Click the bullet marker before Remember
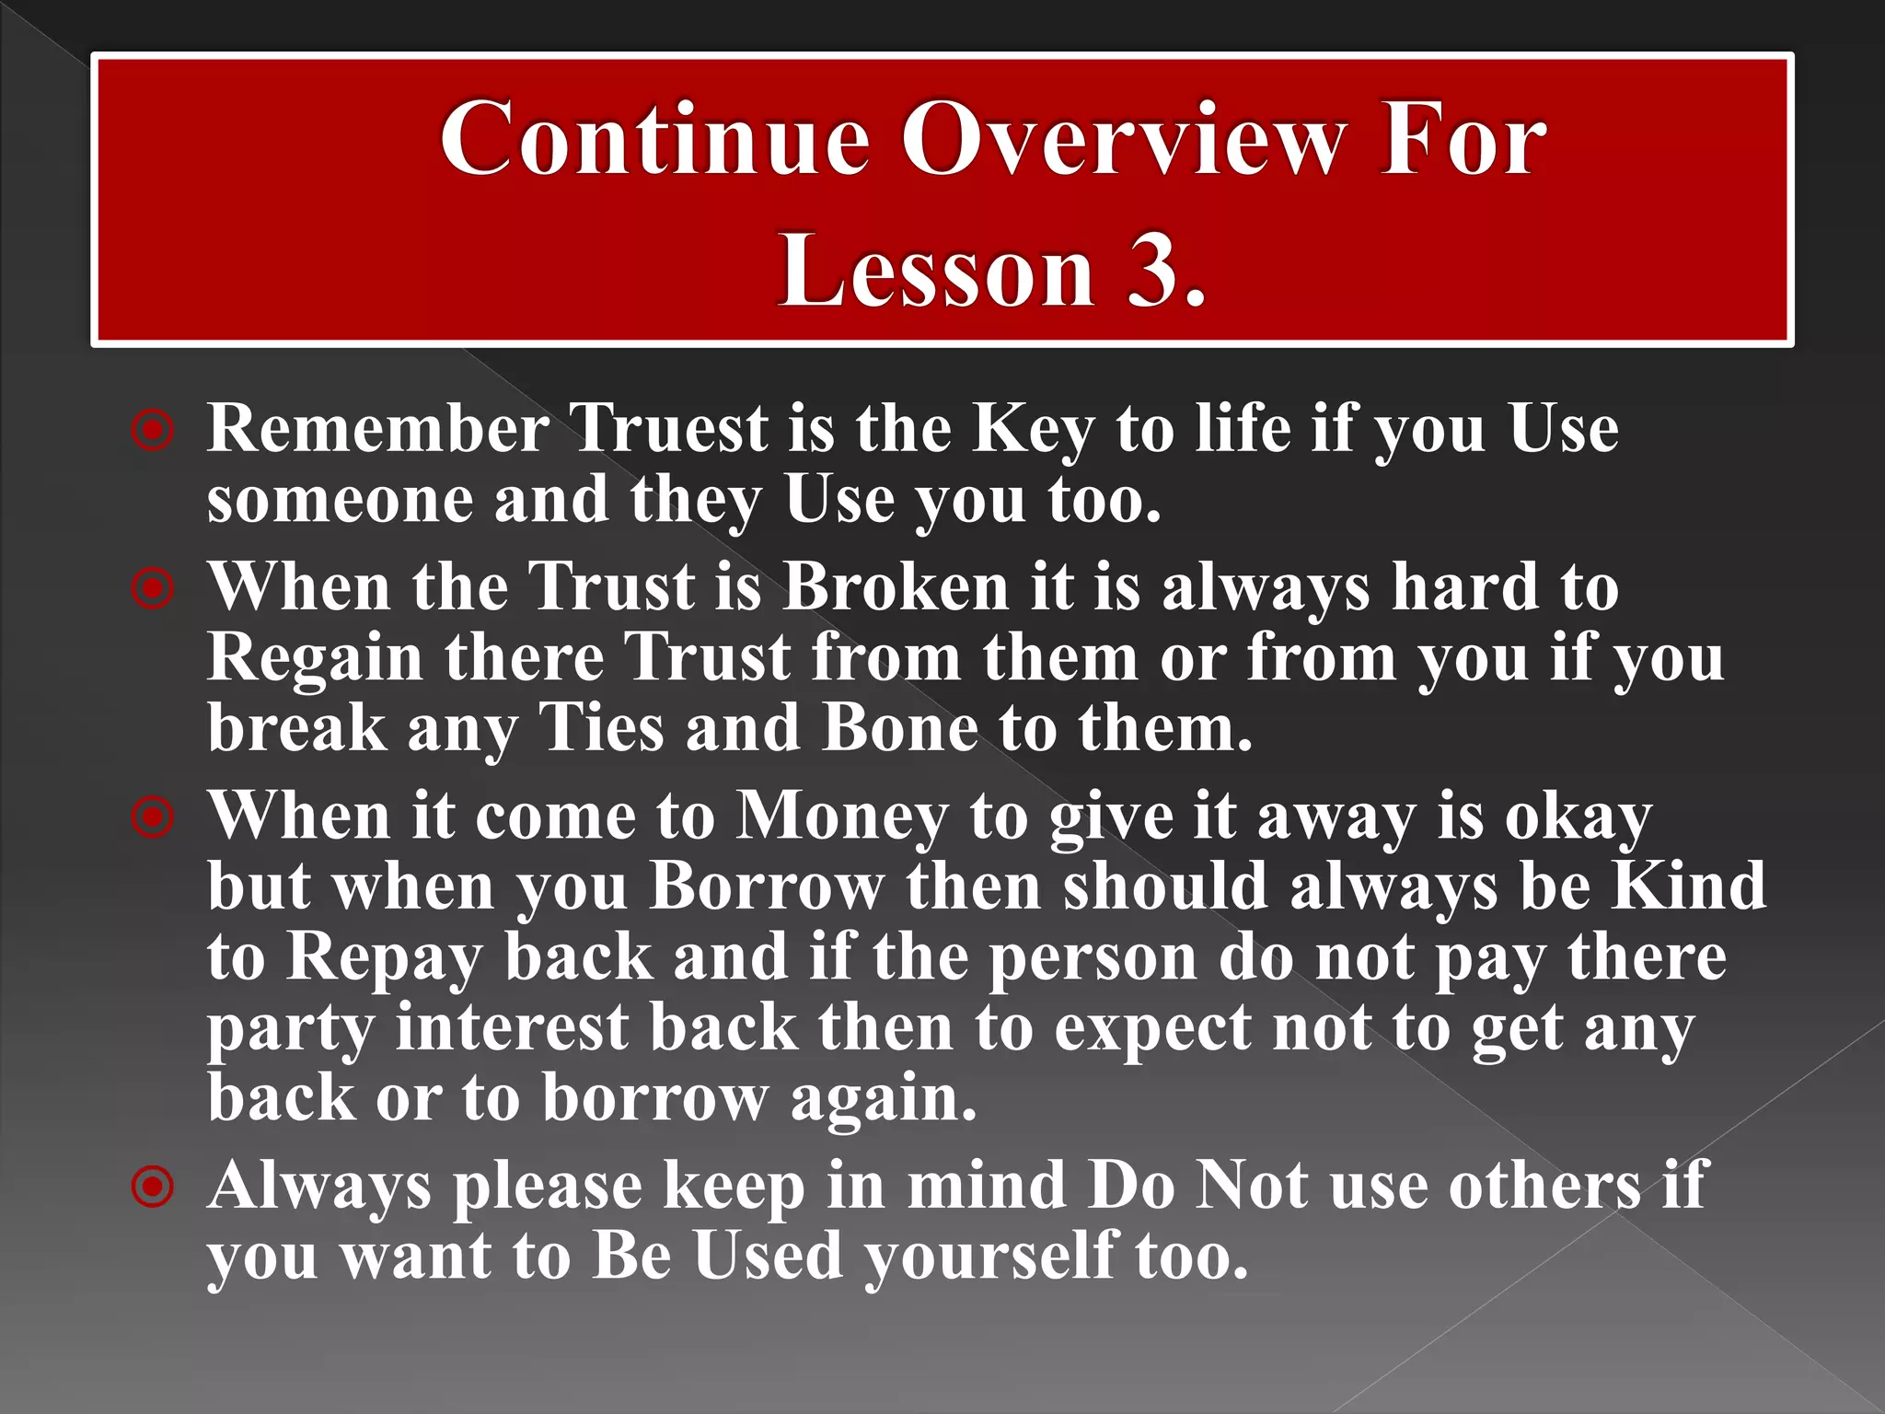[x=153, y=430]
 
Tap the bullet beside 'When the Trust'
[x=153, y=588]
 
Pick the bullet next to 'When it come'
[x=153, y=817]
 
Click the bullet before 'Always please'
[x=153, y=1187]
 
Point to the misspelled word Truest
[x=670, y=429]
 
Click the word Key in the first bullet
[x=1034, y=431]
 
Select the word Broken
[x=896, y=587]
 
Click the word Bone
[x=900, y=728]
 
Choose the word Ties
[x=600, y=728]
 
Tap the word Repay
[x=384, y=959]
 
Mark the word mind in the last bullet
[x=987, y=1186]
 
